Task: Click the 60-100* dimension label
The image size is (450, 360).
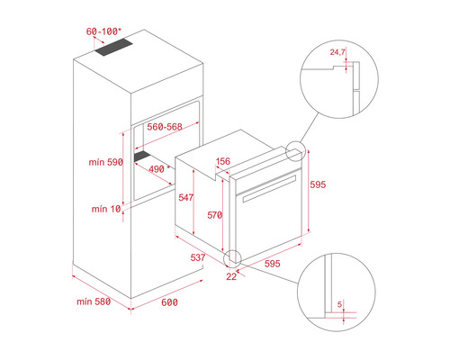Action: click(x=103, y=31)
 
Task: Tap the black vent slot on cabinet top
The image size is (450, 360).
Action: click(x=114, y=48)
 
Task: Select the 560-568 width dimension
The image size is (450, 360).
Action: click(x=165, y=127)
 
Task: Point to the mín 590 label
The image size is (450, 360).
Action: click(x=105, y=162)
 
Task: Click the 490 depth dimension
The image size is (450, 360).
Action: click(x=157, y=169)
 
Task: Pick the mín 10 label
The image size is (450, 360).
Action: click(x=106, y=209)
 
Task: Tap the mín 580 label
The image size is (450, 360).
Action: click(x=94, y=301)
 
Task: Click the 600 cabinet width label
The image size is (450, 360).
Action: click(x=169, y=302)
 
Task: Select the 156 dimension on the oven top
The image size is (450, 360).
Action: click(x=223, y=161)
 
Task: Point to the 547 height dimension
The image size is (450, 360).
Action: click(x=186, y=197)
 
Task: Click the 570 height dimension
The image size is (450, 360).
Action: click(x=215, y=215)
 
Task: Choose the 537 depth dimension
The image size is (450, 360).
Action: click(x=198, y=257)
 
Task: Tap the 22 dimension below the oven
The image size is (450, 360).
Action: click(x=231, y=276)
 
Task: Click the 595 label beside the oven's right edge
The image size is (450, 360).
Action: click(x=318, y=184)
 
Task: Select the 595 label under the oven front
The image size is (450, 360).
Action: click(x=273, y=264)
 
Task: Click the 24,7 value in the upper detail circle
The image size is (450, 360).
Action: click(x=337, y=52)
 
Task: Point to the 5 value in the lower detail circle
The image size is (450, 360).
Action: click(x=339, y=304)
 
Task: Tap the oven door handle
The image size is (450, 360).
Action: click(x=269, y=188)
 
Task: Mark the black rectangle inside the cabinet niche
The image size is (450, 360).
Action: click(x=142, y=157)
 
